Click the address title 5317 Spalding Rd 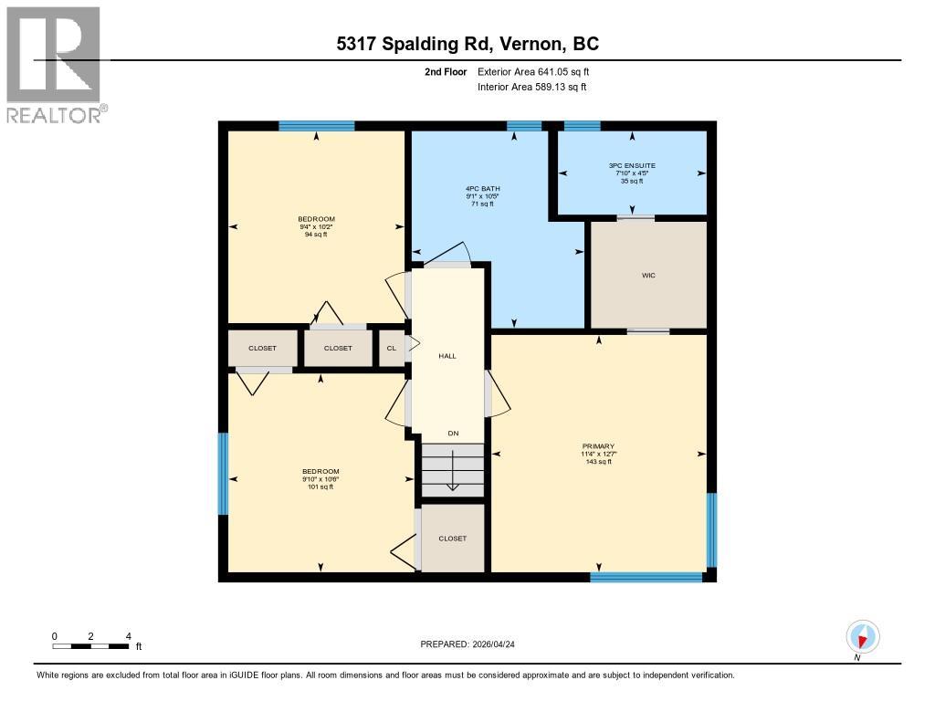click(467, 44)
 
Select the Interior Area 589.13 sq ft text click(531, 87)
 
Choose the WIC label click(648, 275)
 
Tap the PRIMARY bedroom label click(597, 454)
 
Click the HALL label click(446, 356)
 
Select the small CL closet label click(392, 348)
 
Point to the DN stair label click(452, 434)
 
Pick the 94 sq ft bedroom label click(316, 226)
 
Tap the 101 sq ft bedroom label click(320, 479)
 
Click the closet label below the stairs click(452, 539)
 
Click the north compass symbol click(862, 636)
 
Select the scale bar click(90, 646)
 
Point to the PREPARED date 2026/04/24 click(474, 644)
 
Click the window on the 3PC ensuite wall click(582, 126)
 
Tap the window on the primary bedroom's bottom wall click(646, 577)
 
